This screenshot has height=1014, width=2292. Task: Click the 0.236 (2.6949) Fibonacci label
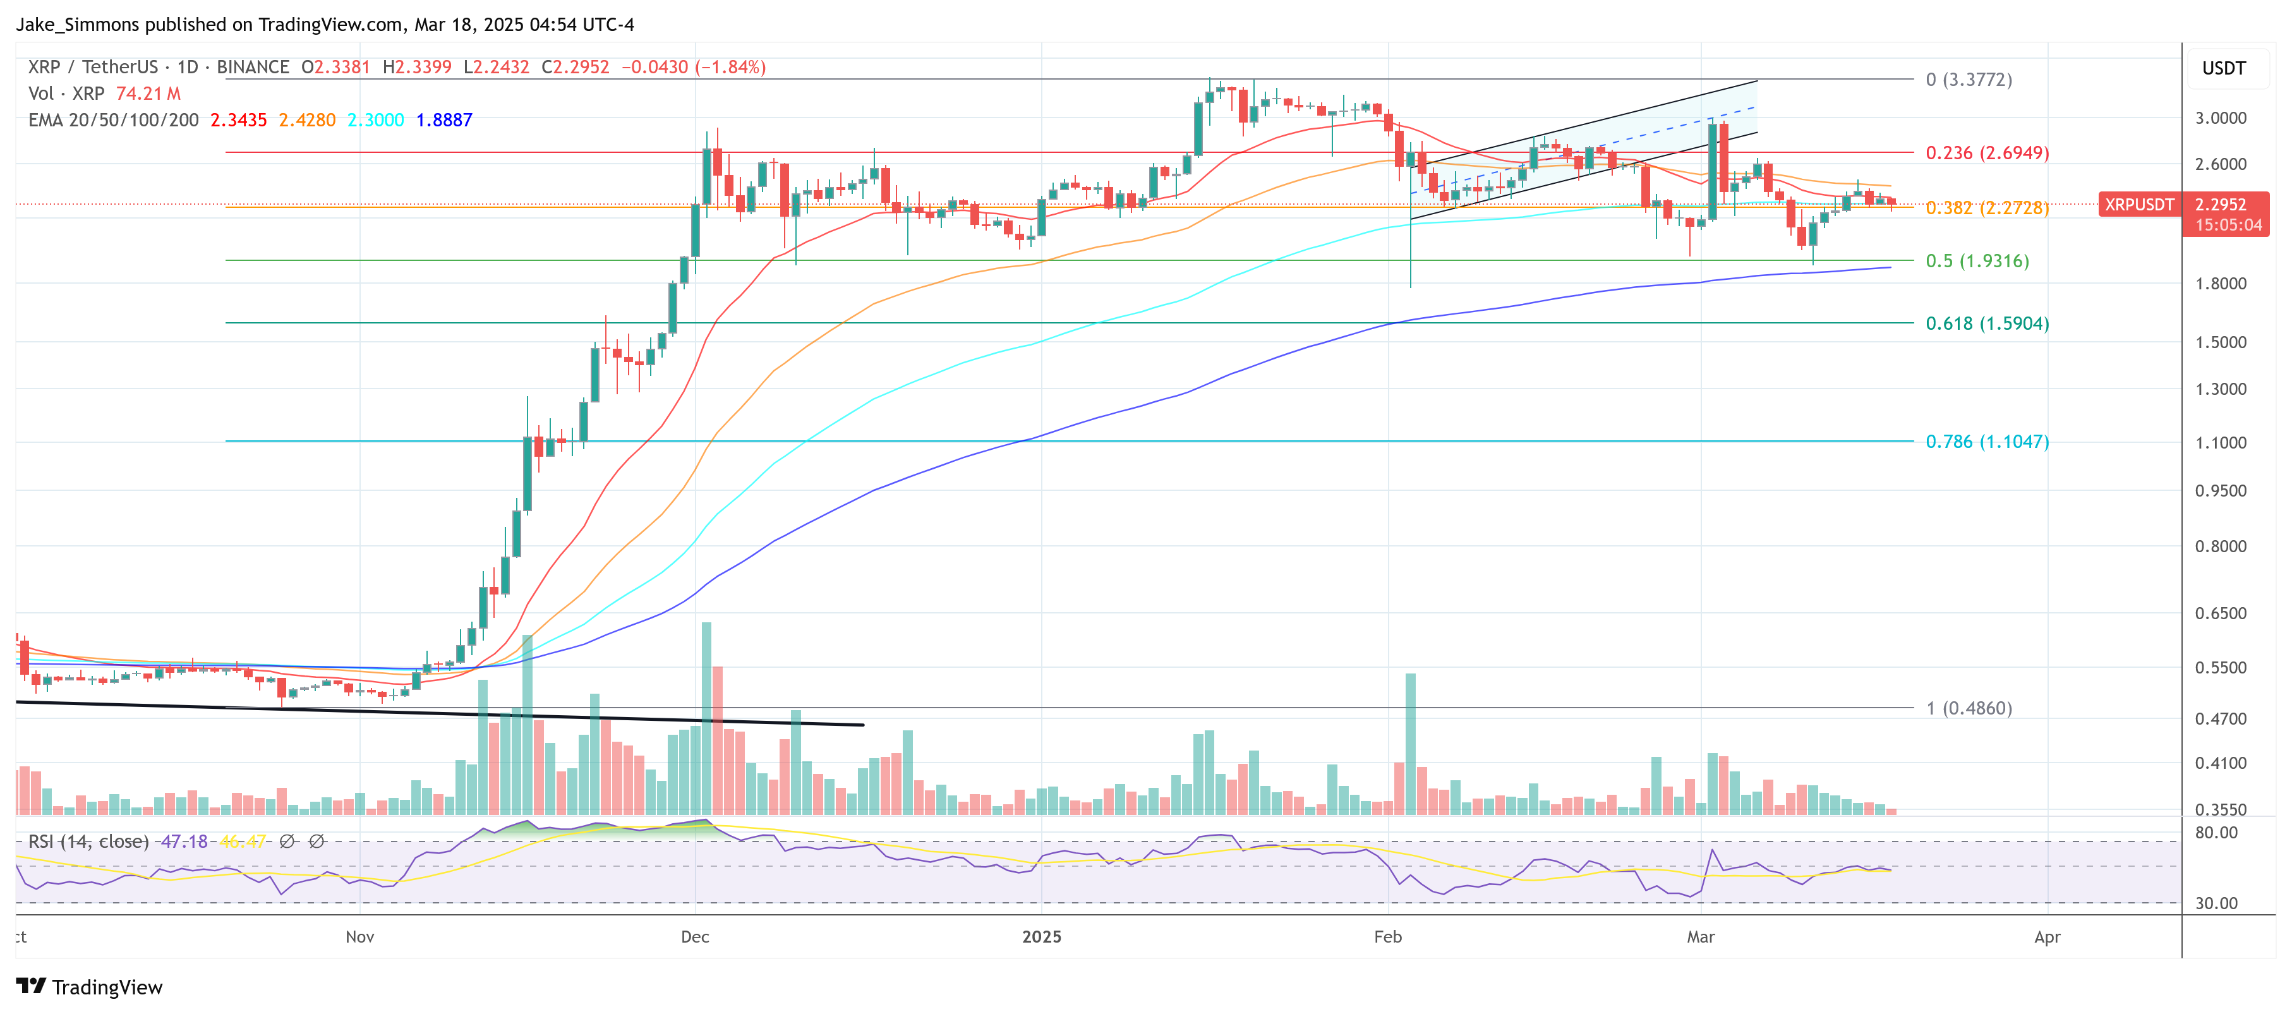pyautogui.click(x=1986, y=153)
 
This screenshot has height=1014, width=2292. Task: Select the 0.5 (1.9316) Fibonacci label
pyautogui.click(x=1976, y=261)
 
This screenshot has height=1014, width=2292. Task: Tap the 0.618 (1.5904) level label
pyautogui.click(x=1986, y=323)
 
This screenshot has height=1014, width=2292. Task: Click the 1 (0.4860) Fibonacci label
pyautogui.click(x=1968, y=708)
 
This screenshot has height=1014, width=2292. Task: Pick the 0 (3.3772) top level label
pyautogui.click(x=1968, y=80)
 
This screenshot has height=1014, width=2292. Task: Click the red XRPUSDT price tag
pyautogui.click(x=2138, y=205)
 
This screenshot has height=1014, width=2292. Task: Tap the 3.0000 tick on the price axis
pyautogui.click(x=2220, y=118)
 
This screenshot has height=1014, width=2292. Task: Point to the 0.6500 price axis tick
pyautogui.click(x=2220, y=613)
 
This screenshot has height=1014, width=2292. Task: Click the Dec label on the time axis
pyautogui.click(x=694, y=937)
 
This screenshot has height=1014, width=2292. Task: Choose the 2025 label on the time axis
pyautogui.click(x=1041, y=937)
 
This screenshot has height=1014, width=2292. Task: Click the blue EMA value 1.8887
pyautogui.click(x=444, y=120)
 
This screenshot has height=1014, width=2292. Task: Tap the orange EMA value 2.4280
pyautogui.click(x=307, y=120)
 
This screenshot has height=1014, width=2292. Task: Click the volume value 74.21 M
pyautogui.click(x=148, y=94)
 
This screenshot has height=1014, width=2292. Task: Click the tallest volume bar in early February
pyautogui.click(x=1410, y=743)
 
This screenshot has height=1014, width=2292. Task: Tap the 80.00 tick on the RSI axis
pyautogui.click(x=2216, y=833)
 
